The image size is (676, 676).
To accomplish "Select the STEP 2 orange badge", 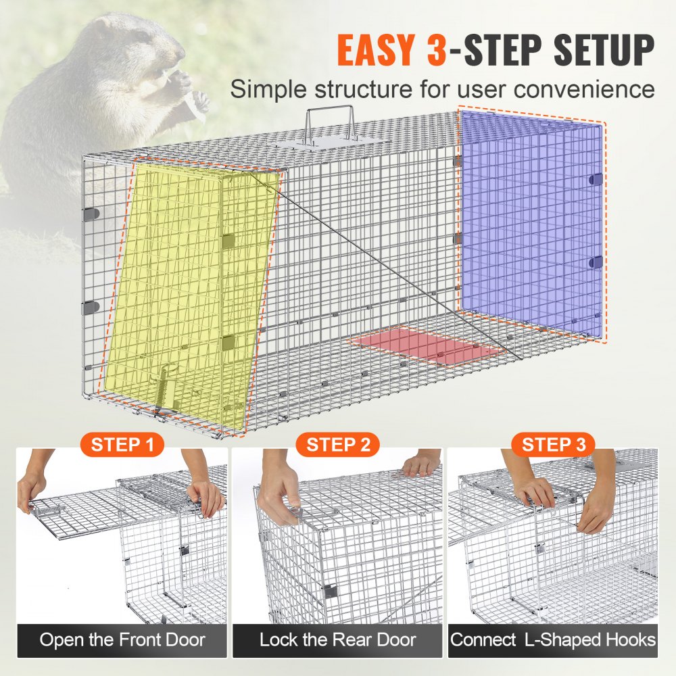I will [339, 445].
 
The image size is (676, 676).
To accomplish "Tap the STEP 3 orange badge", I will [554, 445].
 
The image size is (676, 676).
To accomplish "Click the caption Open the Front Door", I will [122, 639].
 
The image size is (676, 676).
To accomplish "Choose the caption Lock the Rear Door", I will [338, 639].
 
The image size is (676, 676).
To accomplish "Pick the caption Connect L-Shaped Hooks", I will [553, 639].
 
